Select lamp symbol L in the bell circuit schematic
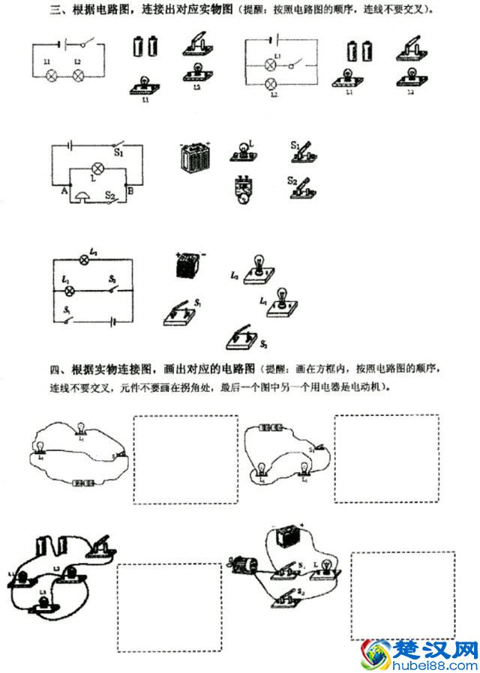(x=96, y=167)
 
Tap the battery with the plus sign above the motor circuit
(x=285, y=537)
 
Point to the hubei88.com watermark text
(x=435, y=663)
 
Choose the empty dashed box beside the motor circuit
(x=402, y=596)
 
